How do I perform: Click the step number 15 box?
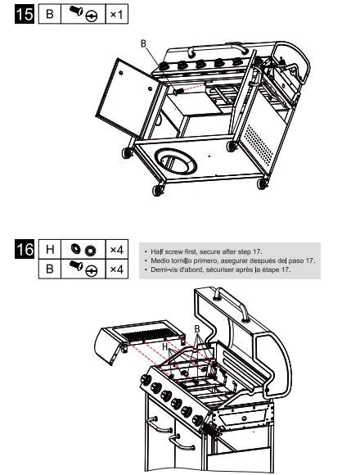[25, 16]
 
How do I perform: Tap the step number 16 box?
[25, 249]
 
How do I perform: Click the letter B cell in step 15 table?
[51, 16]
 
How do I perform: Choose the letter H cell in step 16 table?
[51, 249]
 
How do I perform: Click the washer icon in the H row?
[83, 249]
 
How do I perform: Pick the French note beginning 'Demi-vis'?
[219, 270]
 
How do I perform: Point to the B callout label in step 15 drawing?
[143, 43]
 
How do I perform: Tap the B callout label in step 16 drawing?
[196, 328]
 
